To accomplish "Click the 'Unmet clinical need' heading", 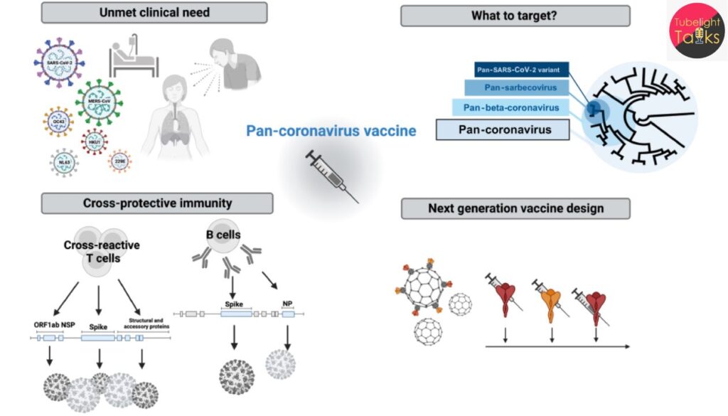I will [154, 12].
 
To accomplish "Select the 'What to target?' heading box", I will [515, 16].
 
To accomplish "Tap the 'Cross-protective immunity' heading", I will [157, 203].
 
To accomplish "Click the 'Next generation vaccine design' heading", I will [515, 208].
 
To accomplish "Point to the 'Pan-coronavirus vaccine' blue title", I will [331, 131].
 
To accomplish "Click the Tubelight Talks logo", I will [697, 30].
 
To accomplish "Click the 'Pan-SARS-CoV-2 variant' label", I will [517, 70].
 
